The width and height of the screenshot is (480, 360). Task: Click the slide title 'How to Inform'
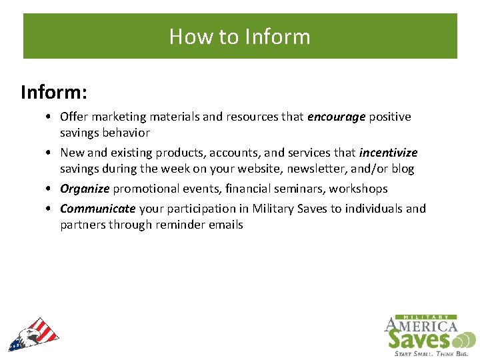pos(240,36)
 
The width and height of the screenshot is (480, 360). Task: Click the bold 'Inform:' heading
pos(54,91)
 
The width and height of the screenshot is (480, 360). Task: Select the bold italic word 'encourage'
pos(336,117)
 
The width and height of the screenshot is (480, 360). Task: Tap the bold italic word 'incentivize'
pos(388,153)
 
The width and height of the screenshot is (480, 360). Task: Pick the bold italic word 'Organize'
pos(85,189)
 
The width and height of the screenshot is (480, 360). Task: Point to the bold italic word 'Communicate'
pos(98,209)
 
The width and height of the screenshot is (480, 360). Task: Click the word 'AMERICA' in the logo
pos(421,326)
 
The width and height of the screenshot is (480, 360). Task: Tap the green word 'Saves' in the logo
pos(419,340)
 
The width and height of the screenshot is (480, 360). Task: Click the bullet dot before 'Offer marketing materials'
pos(51,117)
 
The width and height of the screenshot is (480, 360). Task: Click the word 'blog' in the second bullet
pos(403,169)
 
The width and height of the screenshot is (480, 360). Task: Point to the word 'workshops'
pos(360,189)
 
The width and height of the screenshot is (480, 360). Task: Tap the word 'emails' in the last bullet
pos(225,225)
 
